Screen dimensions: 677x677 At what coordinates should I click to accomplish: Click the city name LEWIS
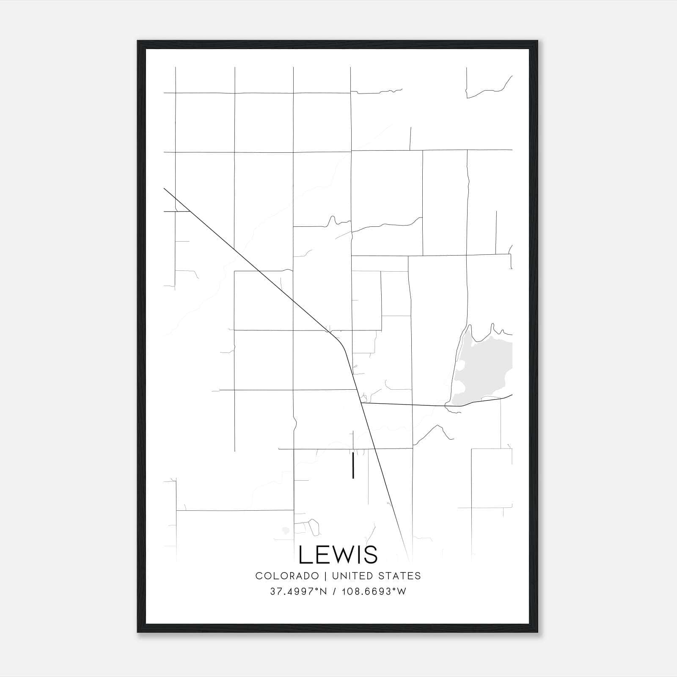coord(338,555)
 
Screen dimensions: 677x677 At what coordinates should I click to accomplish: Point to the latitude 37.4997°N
coord(298,592)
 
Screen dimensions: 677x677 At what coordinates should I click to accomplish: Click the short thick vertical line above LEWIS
coord(353,465)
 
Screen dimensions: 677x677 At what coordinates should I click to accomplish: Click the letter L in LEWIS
coord(305,555)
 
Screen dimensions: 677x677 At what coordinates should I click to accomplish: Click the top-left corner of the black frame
coord(138,41)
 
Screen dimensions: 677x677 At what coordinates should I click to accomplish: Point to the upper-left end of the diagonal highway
coord(164,189)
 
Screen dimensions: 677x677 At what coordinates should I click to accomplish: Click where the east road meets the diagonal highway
coord(361,403)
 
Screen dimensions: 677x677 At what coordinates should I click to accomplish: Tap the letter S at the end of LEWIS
coord(371,555)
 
